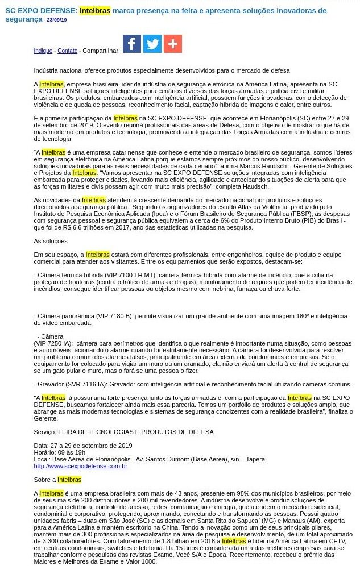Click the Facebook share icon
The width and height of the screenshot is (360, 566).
point(132,44)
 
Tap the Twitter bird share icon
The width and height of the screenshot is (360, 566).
point(152,44)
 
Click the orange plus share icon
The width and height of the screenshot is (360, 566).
point(173,44)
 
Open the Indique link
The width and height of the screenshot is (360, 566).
point(43,51)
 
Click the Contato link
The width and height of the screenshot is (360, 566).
point(68,51)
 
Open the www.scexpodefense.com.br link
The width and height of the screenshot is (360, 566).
point(80,466)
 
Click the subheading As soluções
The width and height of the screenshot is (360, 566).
point(51,241)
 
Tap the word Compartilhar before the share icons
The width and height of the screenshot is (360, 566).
point(101,51)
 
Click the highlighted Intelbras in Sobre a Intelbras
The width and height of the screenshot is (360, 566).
point(69,480)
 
